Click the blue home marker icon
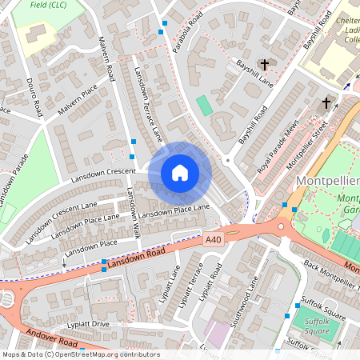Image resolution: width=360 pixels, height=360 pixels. click(180, 173)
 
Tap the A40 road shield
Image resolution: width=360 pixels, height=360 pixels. click(213, 239)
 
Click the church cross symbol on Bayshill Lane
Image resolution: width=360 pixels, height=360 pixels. click(266, 64)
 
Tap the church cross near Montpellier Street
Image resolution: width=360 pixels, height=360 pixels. click(326, 102)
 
